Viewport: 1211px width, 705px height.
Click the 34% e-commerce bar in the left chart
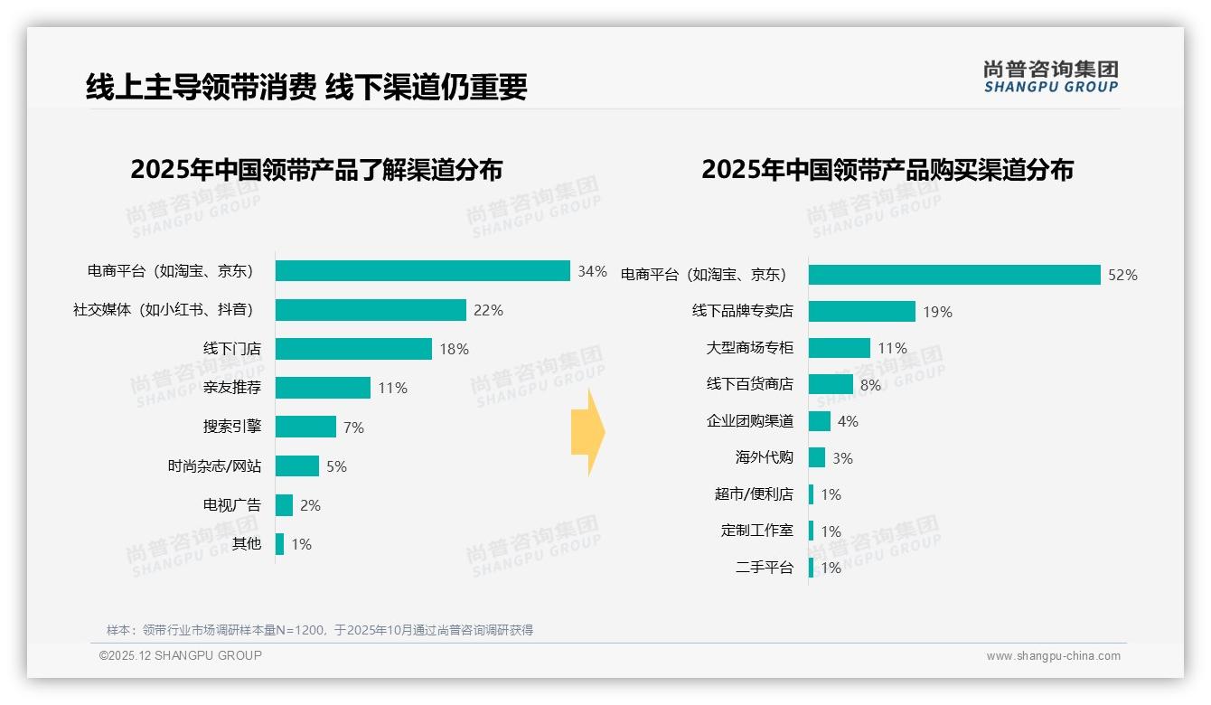(422, 271)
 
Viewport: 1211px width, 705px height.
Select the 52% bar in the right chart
(954, 275)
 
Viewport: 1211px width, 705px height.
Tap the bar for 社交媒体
(371, 310)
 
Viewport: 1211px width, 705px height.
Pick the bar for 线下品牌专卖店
(862, 312)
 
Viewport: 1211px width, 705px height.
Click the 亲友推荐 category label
(232, 388)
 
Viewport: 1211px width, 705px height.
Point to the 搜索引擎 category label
(232, 427)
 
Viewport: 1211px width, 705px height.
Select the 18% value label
(455, 349)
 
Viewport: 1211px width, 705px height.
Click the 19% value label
(938, 312)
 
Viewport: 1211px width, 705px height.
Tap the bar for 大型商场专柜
(840, 348)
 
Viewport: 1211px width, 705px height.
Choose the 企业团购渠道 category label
(750, 421)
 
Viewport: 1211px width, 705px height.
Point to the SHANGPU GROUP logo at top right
(1051, 76)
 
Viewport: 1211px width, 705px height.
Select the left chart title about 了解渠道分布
(316, 170)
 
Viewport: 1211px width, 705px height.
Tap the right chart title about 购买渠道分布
(887, 170)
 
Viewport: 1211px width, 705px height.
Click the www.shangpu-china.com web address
(1053, 656)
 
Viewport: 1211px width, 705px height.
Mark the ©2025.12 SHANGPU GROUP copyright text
(181, 656)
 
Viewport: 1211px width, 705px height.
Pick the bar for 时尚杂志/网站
(297, 466)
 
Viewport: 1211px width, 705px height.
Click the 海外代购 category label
(765, 457)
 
